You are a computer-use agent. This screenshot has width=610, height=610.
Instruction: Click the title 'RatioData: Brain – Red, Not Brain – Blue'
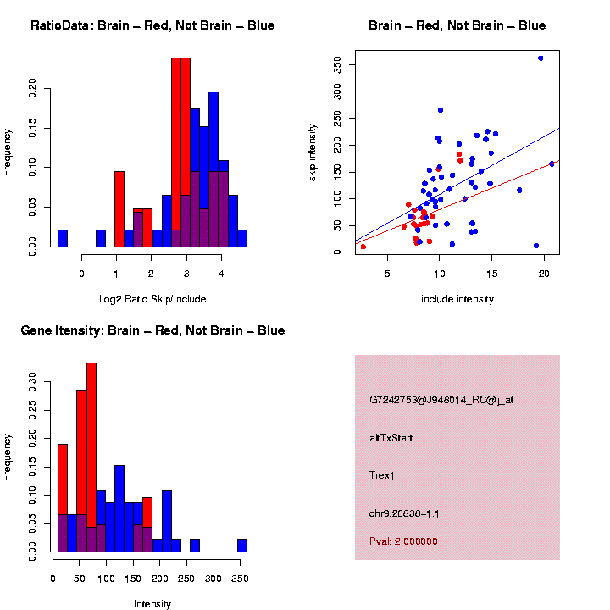pos(152,25)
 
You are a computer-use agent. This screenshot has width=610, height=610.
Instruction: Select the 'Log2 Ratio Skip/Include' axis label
pos(152,299)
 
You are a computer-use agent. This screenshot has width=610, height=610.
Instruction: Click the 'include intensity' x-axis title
pos(457,299)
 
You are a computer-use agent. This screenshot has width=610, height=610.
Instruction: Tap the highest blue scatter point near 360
pos(541,58)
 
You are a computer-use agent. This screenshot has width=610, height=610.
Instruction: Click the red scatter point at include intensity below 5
pos(363,247)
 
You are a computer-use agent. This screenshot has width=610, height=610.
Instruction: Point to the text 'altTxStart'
pos(391,438)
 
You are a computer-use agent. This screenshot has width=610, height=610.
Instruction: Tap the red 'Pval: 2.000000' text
pos(403,541)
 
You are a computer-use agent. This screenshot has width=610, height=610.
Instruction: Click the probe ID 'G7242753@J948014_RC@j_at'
pos(441,400)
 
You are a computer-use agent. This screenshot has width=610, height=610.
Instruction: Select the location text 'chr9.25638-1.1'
pos(404,513)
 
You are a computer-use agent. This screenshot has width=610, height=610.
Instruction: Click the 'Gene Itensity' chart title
pos(152,330)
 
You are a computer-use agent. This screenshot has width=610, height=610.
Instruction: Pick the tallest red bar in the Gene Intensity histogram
pos(91,457)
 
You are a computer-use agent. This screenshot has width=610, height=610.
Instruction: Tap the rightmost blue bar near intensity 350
pos(242,546)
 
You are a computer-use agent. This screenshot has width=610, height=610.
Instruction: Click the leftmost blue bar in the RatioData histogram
pos(63,238)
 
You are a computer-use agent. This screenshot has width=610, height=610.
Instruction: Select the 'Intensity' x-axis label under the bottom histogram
pos(152,604)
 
